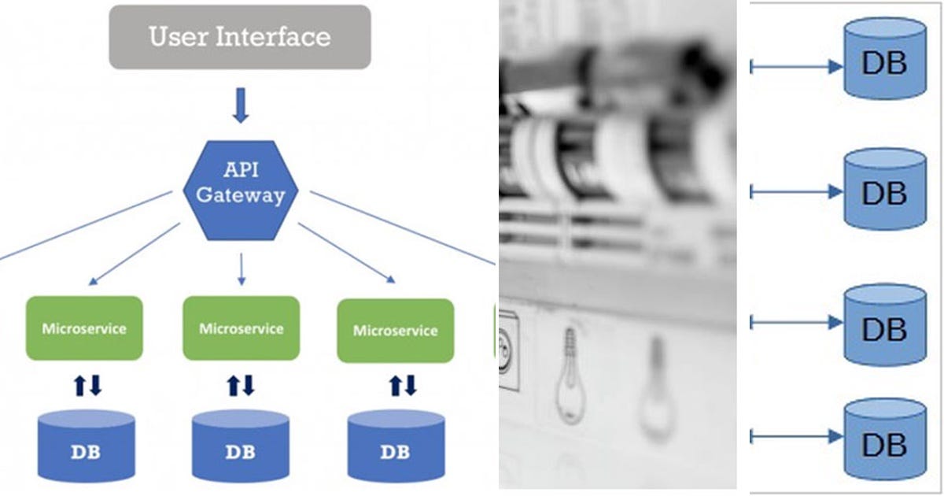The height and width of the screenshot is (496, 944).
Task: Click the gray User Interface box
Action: [239, 37]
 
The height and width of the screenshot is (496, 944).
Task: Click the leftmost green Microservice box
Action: [84, 328]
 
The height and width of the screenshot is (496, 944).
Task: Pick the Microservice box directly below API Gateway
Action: [241, 328]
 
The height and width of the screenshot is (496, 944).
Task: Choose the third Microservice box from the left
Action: [395, 330]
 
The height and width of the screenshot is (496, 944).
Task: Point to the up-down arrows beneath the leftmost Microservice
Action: [87, 385]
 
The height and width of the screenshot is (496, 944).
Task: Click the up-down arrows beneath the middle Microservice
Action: [241, 385]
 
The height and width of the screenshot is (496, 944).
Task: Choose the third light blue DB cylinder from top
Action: [884, 325]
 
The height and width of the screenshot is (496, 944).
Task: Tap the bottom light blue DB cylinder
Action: [884, 439]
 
